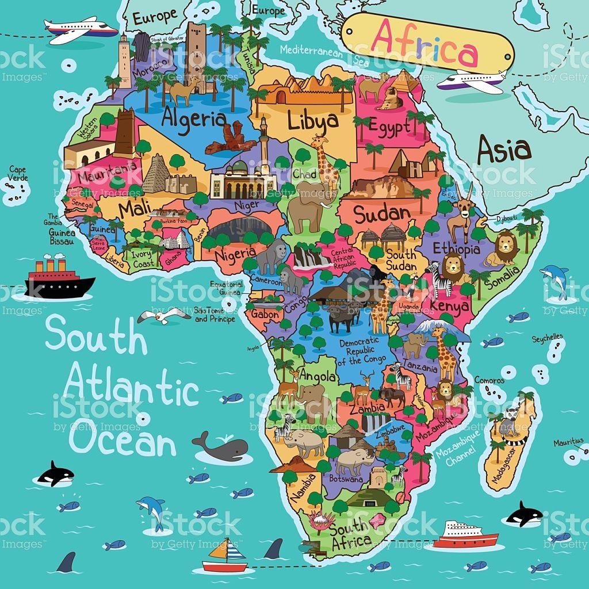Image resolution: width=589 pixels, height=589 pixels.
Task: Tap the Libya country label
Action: [x=313, y=121]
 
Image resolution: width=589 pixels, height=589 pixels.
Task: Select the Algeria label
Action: [x=193, y=118]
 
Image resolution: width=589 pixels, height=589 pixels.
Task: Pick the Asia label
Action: [x=503, y=149]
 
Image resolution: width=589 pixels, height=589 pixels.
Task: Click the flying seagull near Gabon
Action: [x=163, y=315]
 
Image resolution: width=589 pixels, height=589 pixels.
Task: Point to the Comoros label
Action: [x=489, y=380]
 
